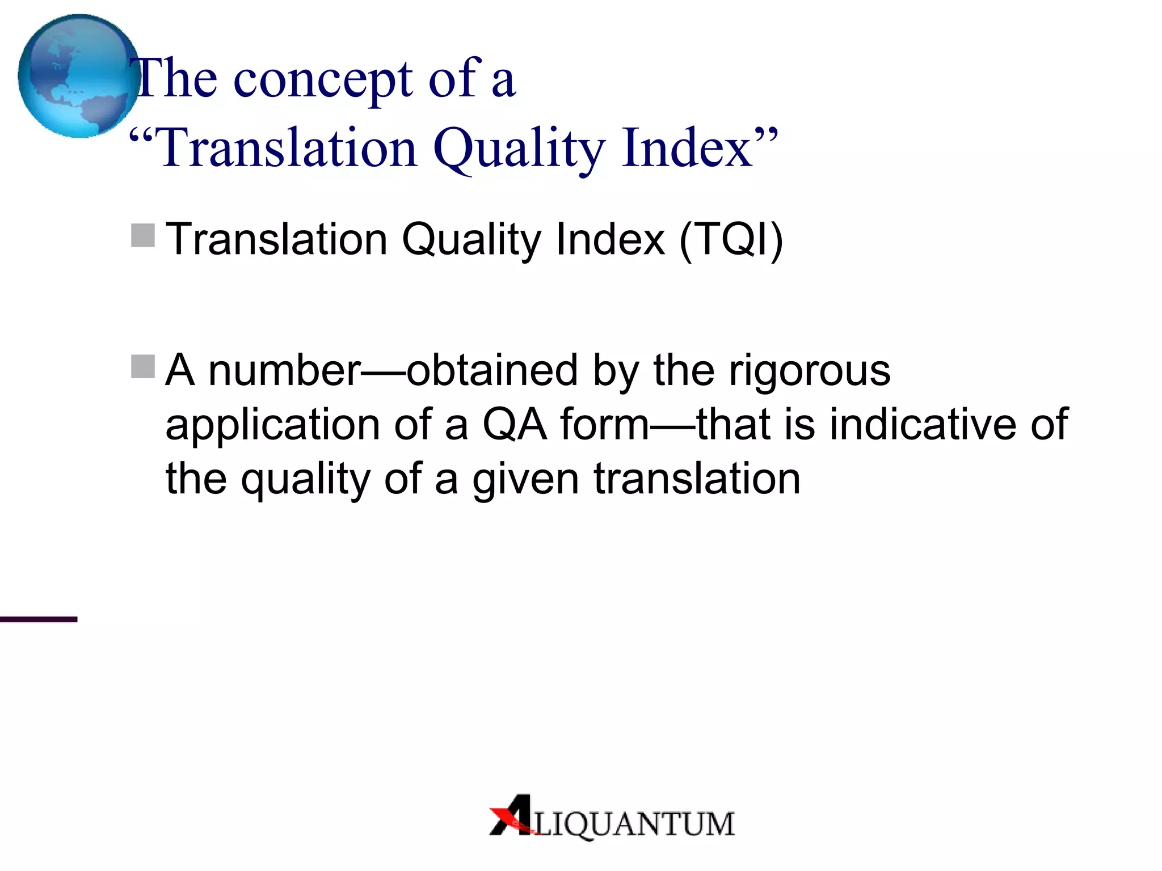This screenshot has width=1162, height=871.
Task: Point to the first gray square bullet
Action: point(143,235)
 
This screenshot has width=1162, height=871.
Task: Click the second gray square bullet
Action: point(143,366)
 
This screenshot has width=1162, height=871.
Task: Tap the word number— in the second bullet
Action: point(285,371)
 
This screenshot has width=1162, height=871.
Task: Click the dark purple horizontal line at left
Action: point(38,619)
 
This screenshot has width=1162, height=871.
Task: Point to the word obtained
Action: point(492,371)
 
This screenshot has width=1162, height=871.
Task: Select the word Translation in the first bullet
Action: point(276,239)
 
